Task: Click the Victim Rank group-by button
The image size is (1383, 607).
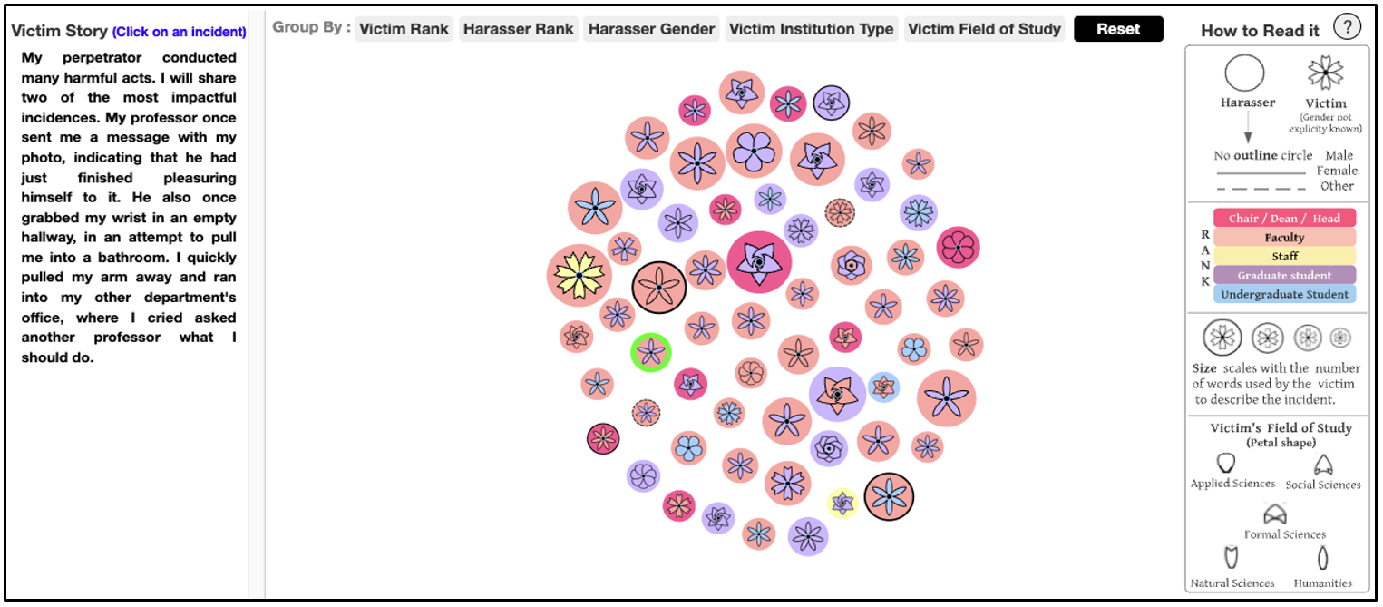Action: coord(404,29)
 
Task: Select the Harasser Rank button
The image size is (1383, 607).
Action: coord(518,29)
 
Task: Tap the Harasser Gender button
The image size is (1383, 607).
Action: coord(651,29)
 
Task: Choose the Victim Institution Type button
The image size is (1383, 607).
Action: coord(811,29)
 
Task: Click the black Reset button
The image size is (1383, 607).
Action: coord(1118,29)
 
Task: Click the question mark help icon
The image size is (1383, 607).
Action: coord(1347,27)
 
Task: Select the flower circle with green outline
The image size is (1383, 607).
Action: coord(651,353)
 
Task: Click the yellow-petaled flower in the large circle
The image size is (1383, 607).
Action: coord(579,276)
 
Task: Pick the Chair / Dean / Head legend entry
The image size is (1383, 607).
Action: coord(1284,218)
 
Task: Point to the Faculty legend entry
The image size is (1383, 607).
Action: coord(1284,237)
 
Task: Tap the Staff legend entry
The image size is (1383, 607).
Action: coord(1284,256)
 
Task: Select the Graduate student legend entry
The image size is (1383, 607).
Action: coord(1284,276)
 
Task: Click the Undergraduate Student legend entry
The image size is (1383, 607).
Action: coord(1284,294)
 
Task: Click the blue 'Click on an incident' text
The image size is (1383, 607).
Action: coord(179,32)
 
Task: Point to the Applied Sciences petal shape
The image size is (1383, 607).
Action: coord(1225,463)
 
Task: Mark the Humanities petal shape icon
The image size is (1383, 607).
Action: coord(1322,558)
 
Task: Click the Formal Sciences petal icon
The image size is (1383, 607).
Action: coord(1275,514)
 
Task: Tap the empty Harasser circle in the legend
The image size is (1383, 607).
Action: coord(1244,73)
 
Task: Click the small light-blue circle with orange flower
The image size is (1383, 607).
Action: coord(883,387)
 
